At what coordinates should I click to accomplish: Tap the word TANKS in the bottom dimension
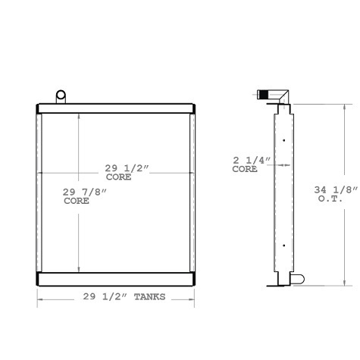pyautogui.click(x=149, y=297)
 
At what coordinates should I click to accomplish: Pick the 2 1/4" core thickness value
pyautogui.click(x=250, y=161)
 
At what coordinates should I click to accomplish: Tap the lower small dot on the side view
pyautogui.click(x=283, y=243)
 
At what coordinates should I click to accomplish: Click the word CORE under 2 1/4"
pyautogui.click(x=245, y=170)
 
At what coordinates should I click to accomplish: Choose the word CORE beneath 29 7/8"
pyautogui.click(x=77, y=202)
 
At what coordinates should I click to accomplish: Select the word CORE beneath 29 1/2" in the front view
pyautogui.click(x=118, y=177)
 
